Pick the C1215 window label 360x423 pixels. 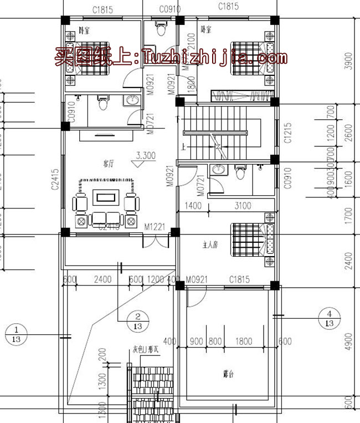click(x=288, y=134)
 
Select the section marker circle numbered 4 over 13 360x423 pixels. click(x=329, y=318)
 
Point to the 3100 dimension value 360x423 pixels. click(x=242, y=206)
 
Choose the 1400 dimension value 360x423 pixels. click(x=193, y=206)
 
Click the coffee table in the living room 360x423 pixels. click(x=105, y=196)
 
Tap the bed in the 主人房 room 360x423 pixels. click(x=253, y=239)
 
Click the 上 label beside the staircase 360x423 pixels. click(x=182, y=147)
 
